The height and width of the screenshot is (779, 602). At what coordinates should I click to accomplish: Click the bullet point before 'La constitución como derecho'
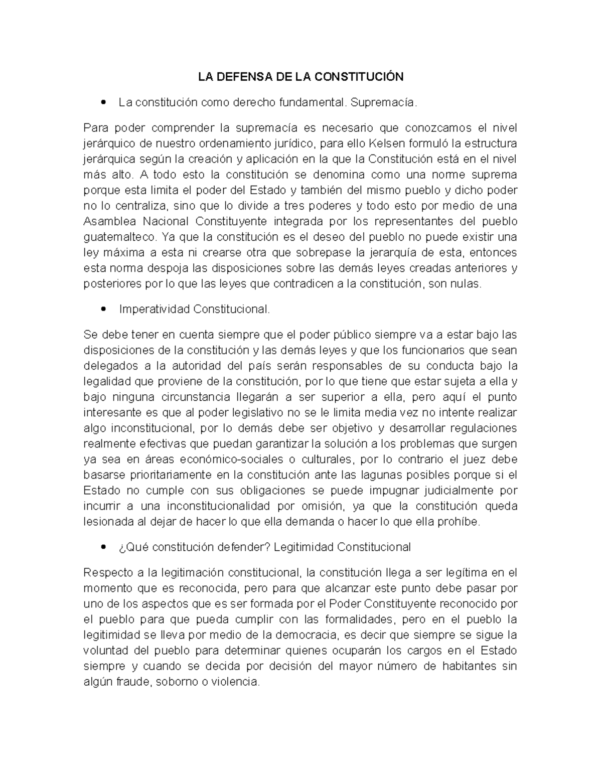(x=104, y=103)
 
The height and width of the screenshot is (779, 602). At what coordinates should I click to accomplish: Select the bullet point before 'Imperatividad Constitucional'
(x=104, y=309)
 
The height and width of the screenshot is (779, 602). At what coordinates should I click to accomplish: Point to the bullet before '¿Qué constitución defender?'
(x=104, y=547)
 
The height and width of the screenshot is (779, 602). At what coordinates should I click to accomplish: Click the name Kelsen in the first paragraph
(x=387, y=144)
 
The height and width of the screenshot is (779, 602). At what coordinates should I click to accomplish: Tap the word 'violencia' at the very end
(x=235, y=682)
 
